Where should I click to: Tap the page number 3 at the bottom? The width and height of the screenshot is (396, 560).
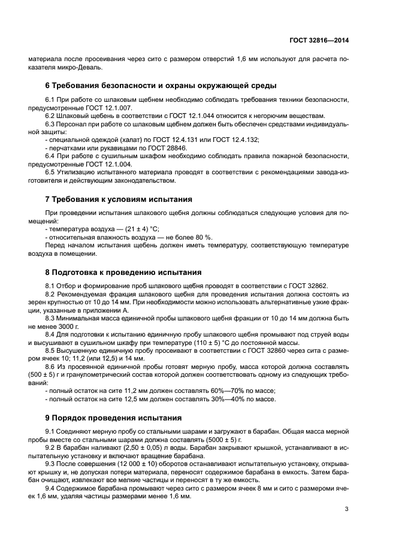tap(347, 509)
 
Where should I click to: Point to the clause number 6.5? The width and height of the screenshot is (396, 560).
tap(52, 172)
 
